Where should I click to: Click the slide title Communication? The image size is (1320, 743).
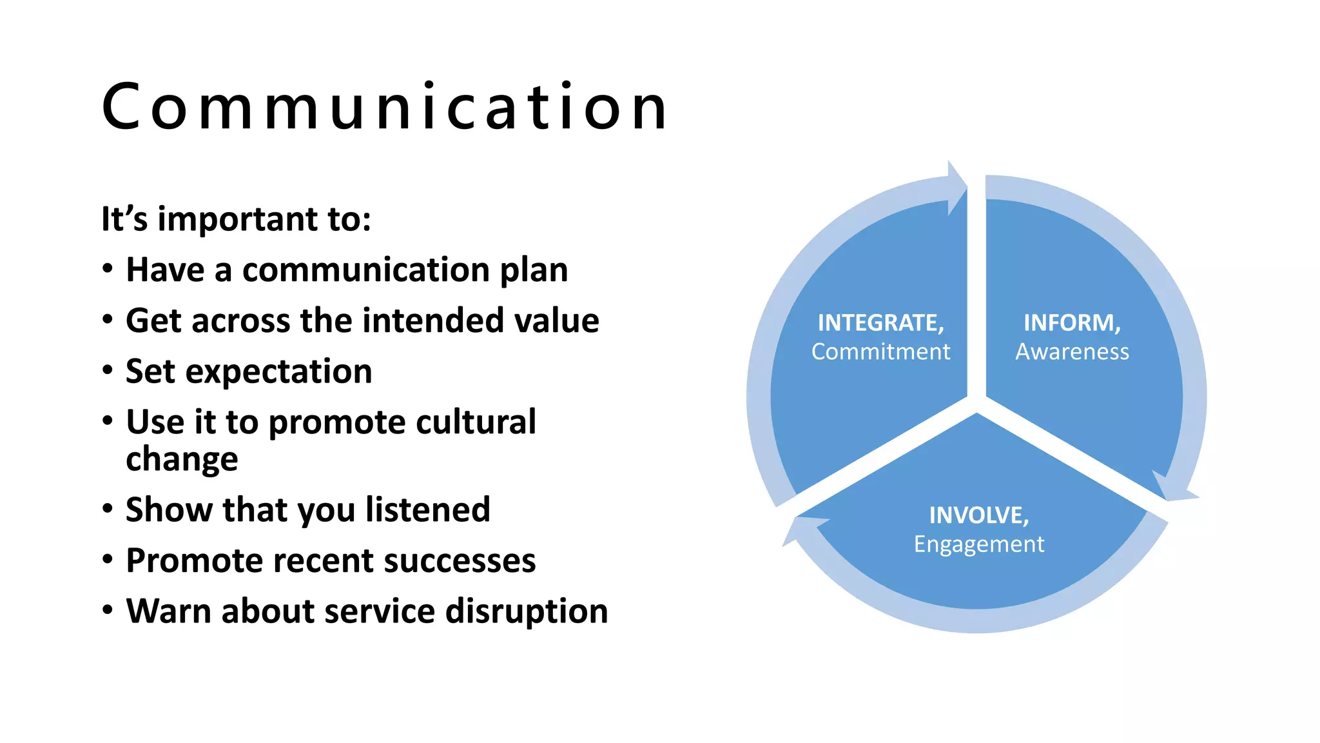click(385, 107)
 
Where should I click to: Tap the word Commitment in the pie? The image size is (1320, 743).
click(880, 352)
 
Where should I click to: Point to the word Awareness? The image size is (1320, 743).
click(1072, 352)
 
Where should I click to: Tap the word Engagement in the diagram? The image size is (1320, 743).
click(978, 544)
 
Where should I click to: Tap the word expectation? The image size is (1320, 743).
click(278, 372)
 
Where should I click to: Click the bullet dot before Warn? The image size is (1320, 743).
click(108, 609)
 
